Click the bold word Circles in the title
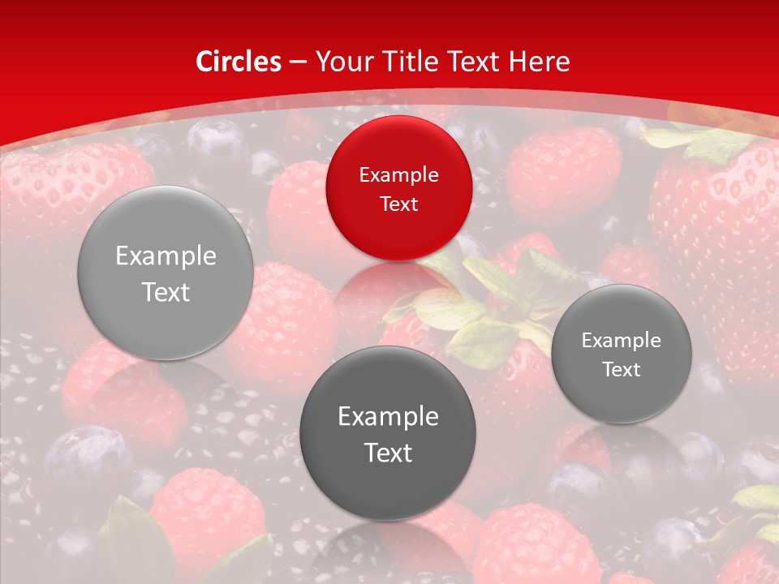click(x=239, y=62)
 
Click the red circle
click(x=398, y=188)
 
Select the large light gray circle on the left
click(x=166, y=273)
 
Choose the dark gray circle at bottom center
click(x=388, y=433)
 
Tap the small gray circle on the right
click(x=622, y=354)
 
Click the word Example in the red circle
click(x=398, y=174)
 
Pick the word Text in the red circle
click(x=398, y=204)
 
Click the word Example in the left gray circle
click(x=166, y=256)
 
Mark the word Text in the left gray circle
click(x=166, y=292)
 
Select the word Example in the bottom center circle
click(x=388, y=416)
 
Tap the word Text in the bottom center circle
click(x=388, y=453)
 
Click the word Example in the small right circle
click(x=622, y=340)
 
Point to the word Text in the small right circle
click(x=622, y=369)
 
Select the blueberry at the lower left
click(x=85, y=458)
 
